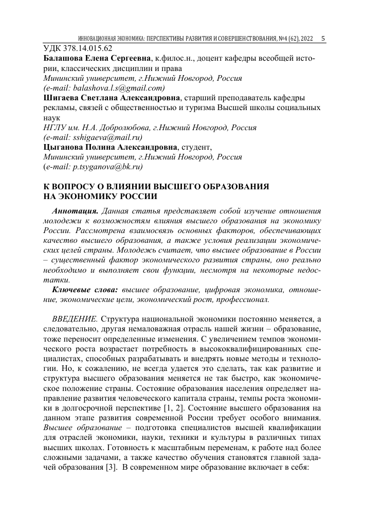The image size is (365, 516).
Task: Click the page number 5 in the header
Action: tap(322, 39)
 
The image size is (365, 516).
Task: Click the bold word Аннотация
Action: tap(76, 211)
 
